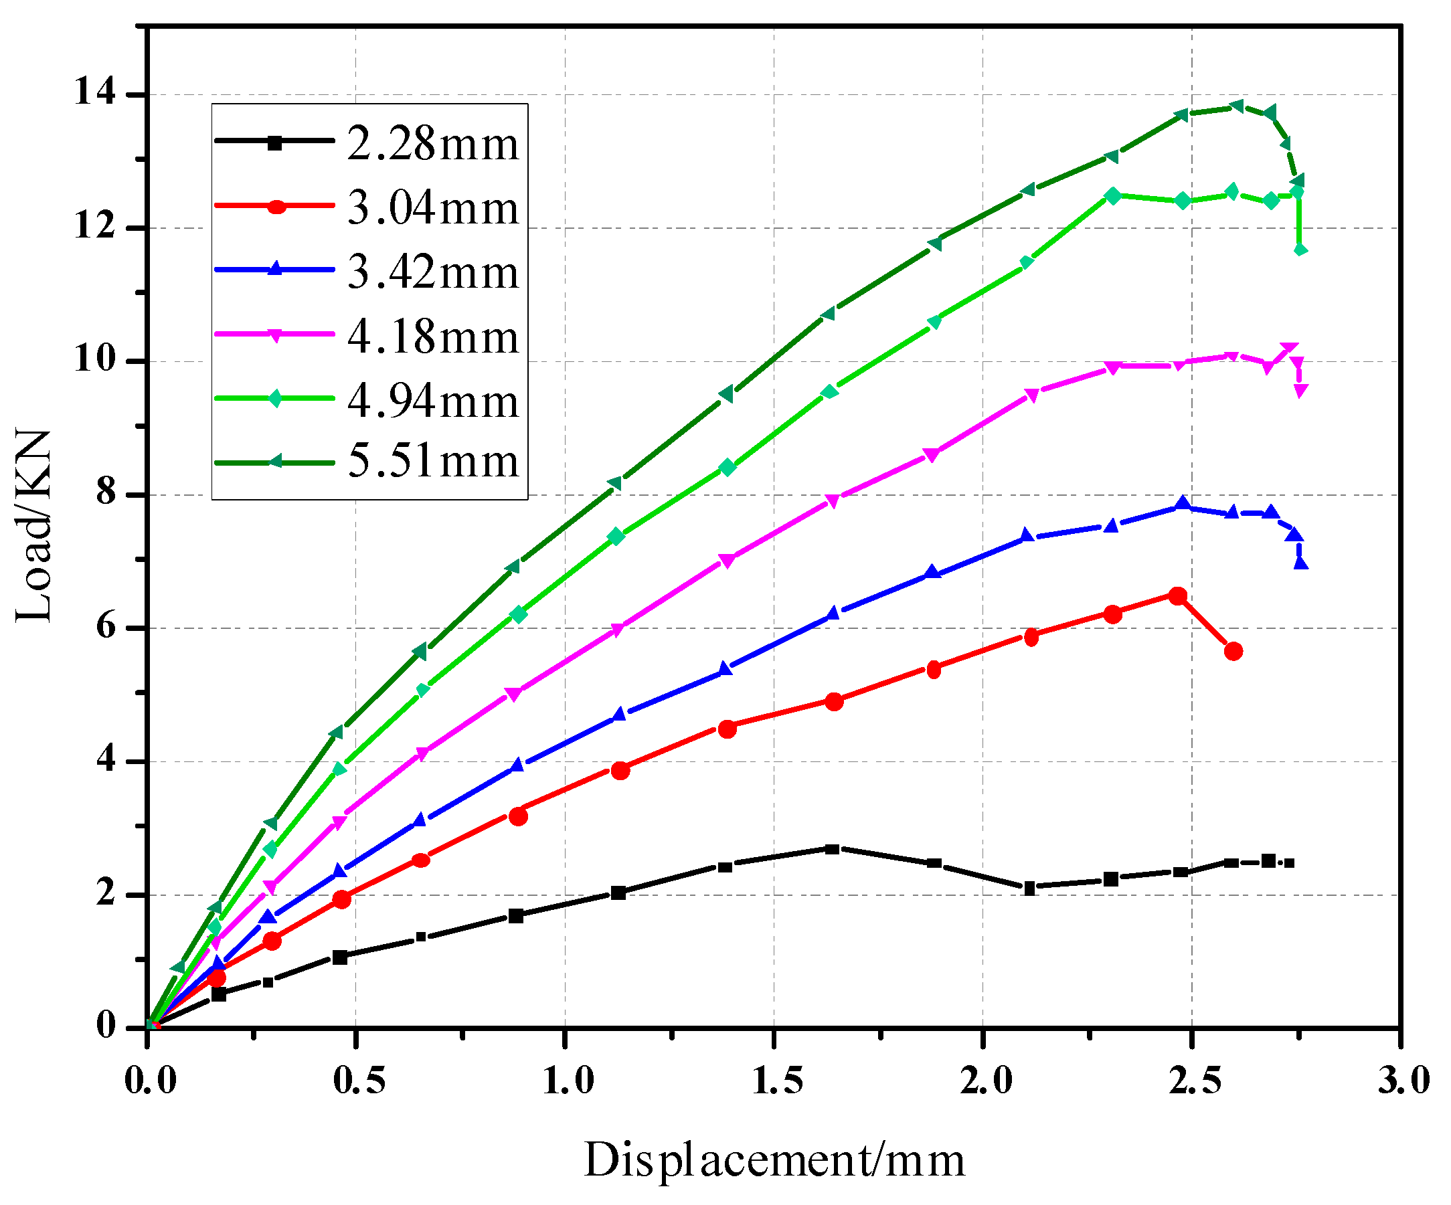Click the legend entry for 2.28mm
(x=432, y=144)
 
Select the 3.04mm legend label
(x=432, y=207)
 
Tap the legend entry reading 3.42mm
(x=432, y=272)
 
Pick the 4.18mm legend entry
(x=432, y=337)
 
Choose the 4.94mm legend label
(x=432, y=401)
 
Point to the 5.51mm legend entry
(x=432, y=460)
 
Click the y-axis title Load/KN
(x=33, y=526)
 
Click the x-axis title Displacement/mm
(x=774, y=1160)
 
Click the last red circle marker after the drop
(x=1233, y=651)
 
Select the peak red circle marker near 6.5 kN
(x=1177, y=595)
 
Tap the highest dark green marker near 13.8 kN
(x=1237, y=106)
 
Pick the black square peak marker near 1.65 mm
(x=833, y=848)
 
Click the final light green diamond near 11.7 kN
(x=1300, y=250)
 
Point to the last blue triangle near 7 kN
(x=1301, y=563)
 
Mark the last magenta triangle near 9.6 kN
(x=1300, y=391)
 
